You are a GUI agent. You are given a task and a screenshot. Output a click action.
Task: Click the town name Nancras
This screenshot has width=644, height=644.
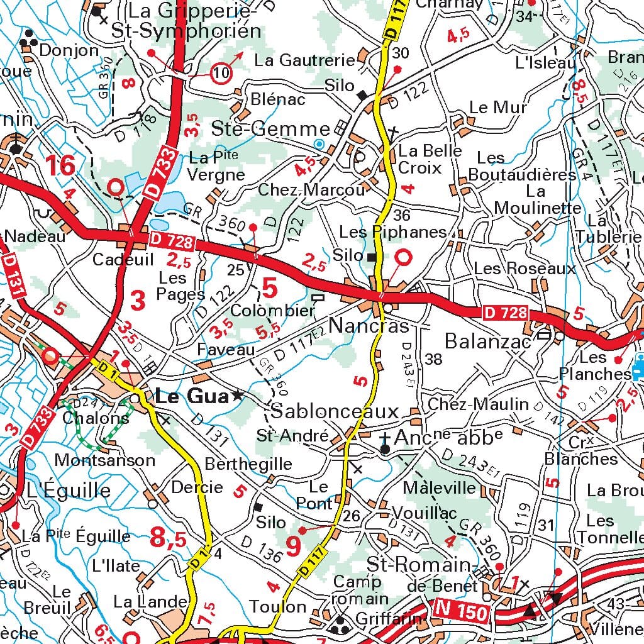(x=369, y=326)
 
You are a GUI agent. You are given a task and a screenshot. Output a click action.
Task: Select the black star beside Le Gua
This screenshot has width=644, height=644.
(x=237, y=396)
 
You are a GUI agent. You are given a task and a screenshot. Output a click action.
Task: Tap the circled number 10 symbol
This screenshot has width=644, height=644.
(x=221, y=74)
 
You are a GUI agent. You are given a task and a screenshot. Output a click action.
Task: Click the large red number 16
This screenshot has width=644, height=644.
(x=60, y=166)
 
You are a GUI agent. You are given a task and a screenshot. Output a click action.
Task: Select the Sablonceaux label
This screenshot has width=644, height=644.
(x=335, y=412)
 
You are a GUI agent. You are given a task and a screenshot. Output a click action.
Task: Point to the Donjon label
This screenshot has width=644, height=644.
(x=69, y=50)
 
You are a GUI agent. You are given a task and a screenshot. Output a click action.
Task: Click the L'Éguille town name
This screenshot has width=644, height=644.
(x=64, y=491)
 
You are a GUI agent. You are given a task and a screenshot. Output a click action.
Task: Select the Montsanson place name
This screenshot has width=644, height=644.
(x=104, y=460)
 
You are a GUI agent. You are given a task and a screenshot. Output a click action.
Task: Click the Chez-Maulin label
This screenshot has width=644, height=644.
(x=478, y=404)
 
